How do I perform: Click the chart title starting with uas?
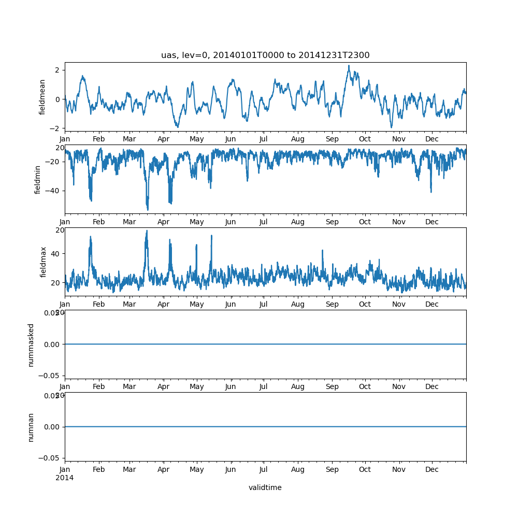[x=265, y=55]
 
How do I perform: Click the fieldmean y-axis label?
[x=43, y=97]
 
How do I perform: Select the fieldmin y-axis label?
[x=38, y=179]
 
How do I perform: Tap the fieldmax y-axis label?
[x=43, y=262]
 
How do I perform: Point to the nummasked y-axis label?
[x=31, y=344]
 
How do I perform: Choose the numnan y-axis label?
[x=31, y=427]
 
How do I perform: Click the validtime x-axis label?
[x=265, y=487]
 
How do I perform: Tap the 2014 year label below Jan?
[x=65, y=478]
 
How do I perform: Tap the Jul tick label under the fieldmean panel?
[x=264, y=139]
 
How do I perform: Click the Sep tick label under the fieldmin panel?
[x=332, y=222]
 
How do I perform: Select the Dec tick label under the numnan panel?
[x=432, y=469]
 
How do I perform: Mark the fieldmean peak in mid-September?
[x=349, y=66]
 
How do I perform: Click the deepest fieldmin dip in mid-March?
[x=148, y=210]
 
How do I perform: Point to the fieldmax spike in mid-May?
[x=211, y=235]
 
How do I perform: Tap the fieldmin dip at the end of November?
[x=431, y=192]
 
